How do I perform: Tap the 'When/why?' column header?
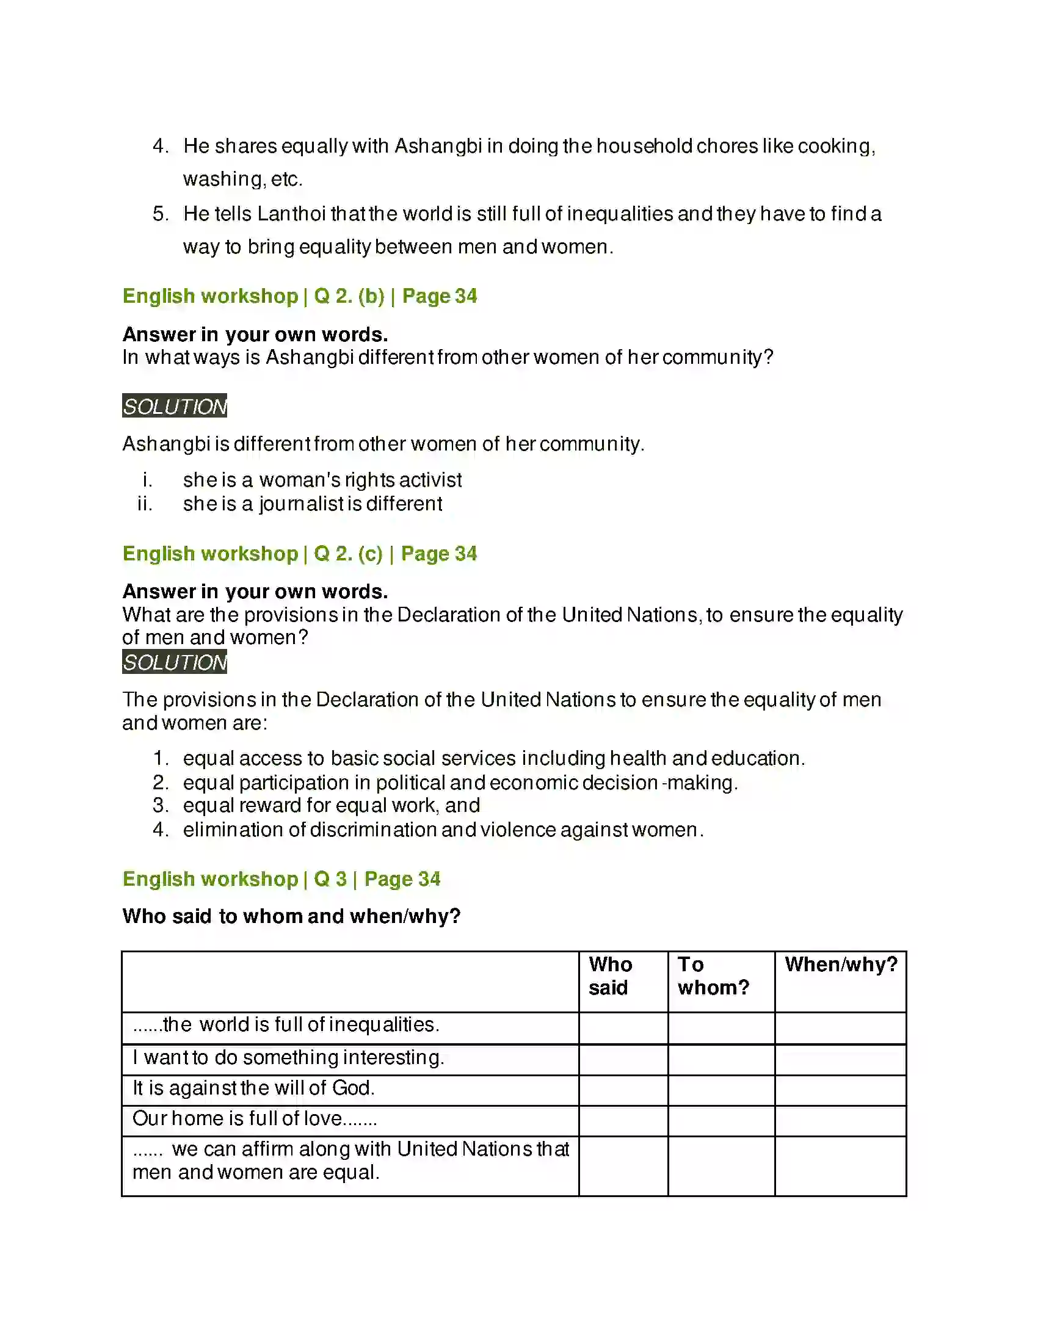pos(841,964)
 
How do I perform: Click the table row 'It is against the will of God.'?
pos(253,1088)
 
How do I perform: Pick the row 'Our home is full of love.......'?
pos(255,1118)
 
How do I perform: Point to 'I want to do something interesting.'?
pos(288,1057)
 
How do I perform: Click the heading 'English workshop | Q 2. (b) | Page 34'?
pos(299,296)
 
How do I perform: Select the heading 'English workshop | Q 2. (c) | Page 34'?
pos(299,554)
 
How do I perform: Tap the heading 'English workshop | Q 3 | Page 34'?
pos(281,878)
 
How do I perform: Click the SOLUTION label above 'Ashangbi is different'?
pos(175,406)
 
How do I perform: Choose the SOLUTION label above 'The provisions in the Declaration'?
pos(175,662)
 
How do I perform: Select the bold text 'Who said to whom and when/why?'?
pos(291,916)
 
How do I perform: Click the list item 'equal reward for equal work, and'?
pos(332,806)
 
